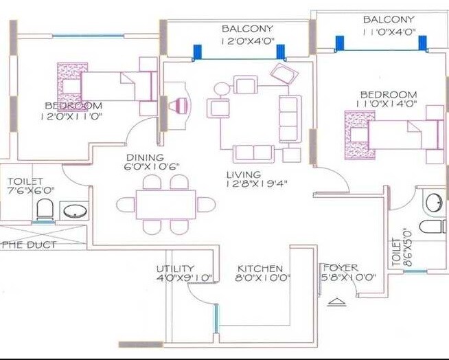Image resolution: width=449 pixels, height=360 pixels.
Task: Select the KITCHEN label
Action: coord(260,268)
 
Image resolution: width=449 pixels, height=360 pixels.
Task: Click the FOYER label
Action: coord(341,268)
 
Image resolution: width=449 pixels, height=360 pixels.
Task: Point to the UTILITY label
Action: coord(175,269)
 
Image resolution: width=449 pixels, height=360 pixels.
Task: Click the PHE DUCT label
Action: coord(30,245)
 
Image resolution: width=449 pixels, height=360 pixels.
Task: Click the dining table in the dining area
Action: coord(165,204)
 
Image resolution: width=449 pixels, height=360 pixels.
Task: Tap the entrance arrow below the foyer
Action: coord(334,302)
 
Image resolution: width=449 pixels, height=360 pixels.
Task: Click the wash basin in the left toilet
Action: coord(73,211)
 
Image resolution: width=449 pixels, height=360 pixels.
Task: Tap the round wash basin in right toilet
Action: coord(433,203)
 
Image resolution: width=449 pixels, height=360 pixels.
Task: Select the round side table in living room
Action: coord(222,89)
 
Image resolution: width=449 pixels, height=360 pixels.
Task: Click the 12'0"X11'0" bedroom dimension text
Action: coord(73,116)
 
